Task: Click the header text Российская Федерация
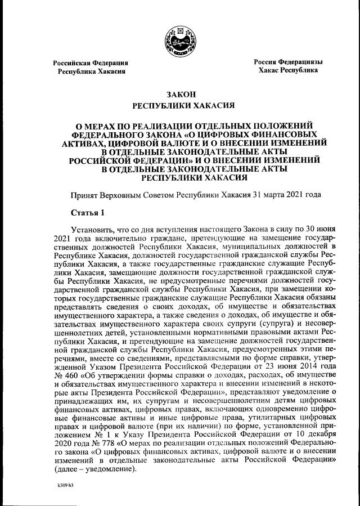91,63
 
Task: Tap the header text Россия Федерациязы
288,61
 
